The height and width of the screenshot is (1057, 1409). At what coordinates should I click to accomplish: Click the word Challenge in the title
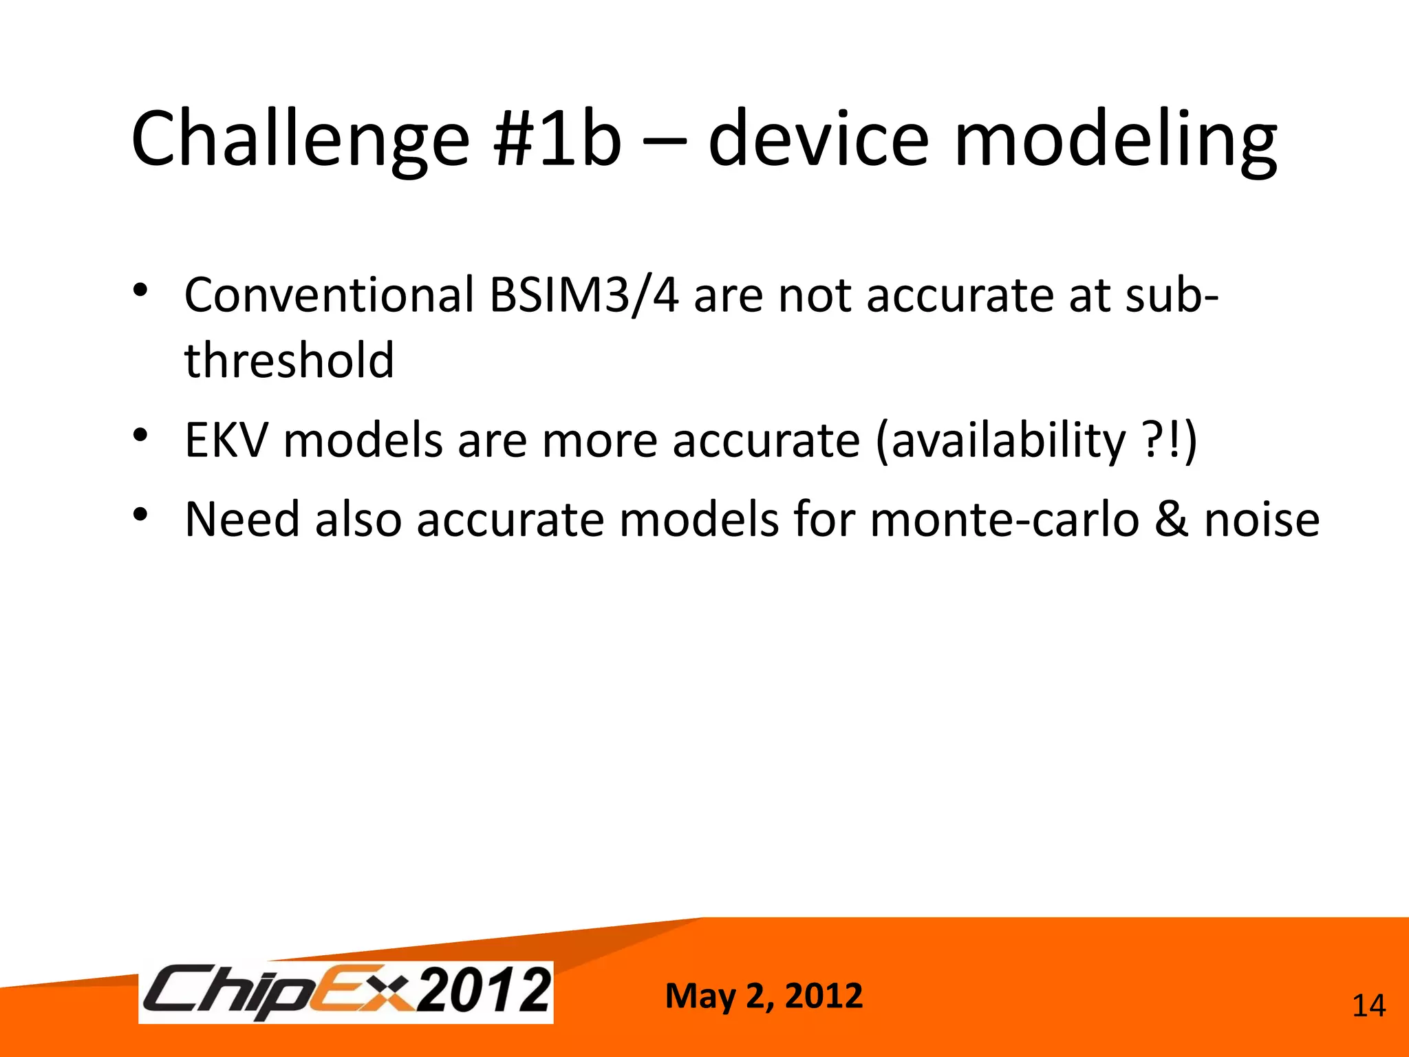(300, 140)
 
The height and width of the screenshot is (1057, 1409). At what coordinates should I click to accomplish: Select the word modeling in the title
(1115, 140)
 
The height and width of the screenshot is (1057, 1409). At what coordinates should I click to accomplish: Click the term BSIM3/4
(584, 295)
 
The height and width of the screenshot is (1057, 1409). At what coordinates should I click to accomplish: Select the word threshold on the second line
(289, 361)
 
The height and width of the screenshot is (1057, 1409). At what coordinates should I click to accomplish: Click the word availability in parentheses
(1009, 440)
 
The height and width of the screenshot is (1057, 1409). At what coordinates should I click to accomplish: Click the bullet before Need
(141, 514)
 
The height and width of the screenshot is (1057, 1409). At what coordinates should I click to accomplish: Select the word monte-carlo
(1004, 520)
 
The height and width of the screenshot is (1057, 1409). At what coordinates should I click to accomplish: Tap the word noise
(1262, 520)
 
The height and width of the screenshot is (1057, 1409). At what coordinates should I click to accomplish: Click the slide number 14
(1368, 1006)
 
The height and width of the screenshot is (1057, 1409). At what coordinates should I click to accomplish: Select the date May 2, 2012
(764, 996)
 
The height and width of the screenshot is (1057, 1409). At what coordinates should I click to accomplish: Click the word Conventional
(329, 295)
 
